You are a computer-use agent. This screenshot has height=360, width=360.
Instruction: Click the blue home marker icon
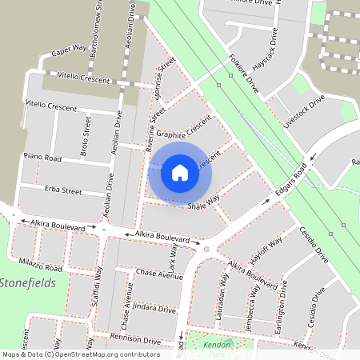click(x=180, y=172)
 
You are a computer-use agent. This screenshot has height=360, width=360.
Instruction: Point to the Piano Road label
click(x=42, y=158)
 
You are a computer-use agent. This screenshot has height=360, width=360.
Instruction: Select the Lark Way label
click(x=172, y=260)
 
